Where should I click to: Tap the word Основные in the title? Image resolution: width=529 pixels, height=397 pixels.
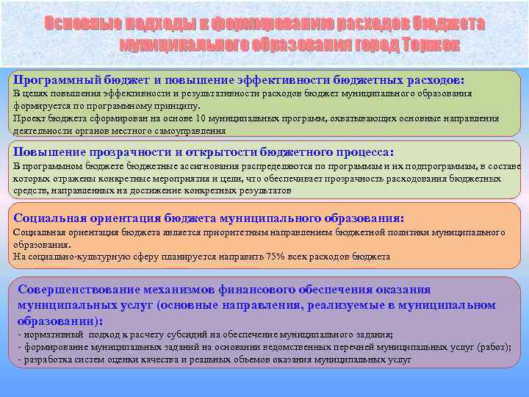[76, 24]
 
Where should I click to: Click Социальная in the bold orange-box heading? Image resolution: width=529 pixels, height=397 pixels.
[50, 218]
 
